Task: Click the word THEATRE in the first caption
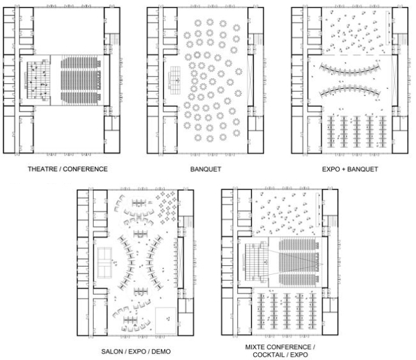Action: pos(43,169)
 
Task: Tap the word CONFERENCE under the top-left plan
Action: pos(85,169)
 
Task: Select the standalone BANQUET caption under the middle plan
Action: pos(206,169)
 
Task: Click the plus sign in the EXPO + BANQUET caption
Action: pos(344,169)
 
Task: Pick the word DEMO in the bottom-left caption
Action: pos(161,352)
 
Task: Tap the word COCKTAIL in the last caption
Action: pos(270,355)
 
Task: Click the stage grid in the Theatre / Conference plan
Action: pos(38,80)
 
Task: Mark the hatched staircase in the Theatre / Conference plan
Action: pos(114,39)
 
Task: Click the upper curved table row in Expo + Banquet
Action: pos(350,70)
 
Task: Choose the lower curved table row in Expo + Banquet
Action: pos(350,91)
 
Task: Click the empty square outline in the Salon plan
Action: pos(165,320)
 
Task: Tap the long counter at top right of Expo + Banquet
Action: pos(388,28)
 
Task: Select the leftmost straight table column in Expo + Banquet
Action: pos(331,131)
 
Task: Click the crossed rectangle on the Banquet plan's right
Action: pos(250,80)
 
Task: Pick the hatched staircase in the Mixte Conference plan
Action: pos(333,222)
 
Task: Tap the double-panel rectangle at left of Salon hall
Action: pos(104,263)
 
